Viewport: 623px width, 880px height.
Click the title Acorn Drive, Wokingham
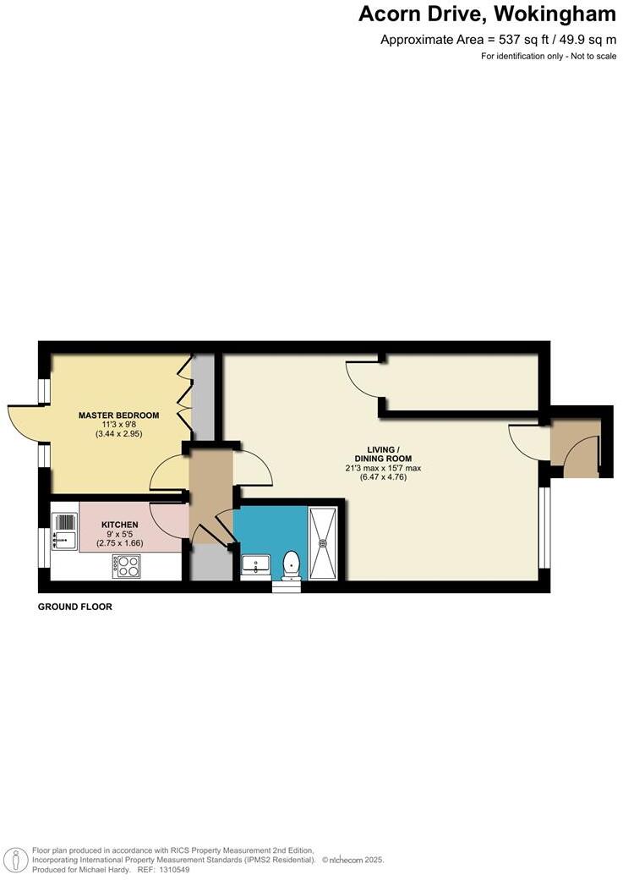(x=487, y=14)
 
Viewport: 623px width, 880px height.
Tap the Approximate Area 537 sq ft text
(x=498, y=39)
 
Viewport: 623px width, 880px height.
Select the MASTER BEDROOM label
(x=118, y=415)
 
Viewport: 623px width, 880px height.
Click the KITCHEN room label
(x=119, y=525)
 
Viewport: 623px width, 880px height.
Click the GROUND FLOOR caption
(x=75, y=607)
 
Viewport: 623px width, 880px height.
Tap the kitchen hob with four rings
(x=127, y=566)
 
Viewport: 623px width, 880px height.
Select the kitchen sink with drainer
(x=65, y=530)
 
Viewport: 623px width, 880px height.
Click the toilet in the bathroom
(x=291, y=563)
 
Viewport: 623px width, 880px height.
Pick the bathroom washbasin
(x=255, y=563)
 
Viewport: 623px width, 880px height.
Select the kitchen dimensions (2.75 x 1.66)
(x=119, y=543)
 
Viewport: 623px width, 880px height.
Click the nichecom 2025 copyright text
(x=352, y=860)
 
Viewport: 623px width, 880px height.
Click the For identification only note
(x=549, y=56)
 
